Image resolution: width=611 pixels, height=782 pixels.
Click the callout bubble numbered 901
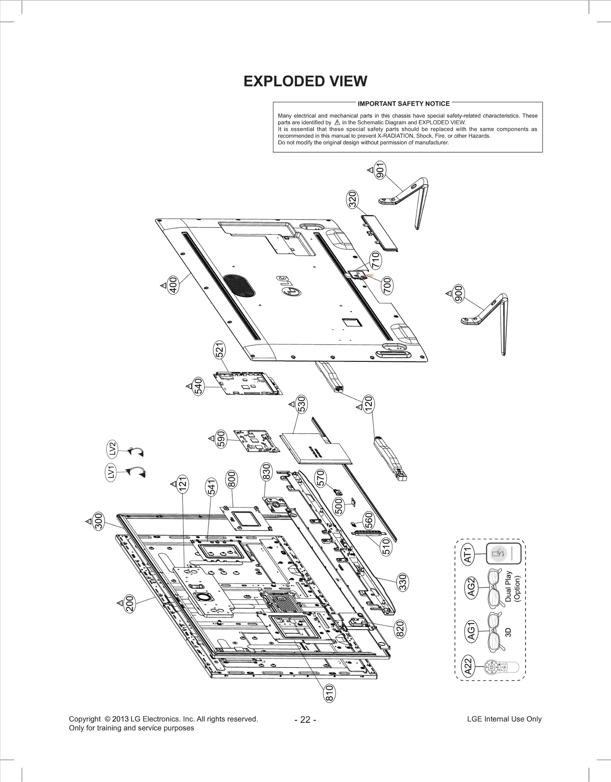[x=380, y=170]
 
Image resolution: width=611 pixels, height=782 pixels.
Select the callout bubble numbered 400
[x=173, y=285]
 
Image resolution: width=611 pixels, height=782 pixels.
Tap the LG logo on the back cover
[x=291, y=286]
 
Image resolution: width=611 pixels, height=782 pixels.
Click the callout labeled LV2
[x=112, y=449]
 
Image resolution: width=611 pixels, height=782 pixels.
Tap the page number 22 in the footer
[x=305, y=719]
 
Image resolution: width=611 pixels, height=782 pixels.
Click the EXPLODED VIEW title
[x=305, y=81]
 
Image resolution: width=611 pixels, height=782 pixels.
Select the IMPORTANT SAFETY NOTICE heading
[x=404, y=104]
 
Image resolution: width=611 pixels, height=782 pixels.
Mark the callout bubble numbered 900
[x=459, y=293]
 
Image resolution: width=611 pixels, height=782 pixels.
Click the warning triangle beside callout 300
[x=88, y=521]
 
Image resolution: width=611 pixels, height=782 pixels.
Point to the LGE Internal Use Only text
[x=504, y=719]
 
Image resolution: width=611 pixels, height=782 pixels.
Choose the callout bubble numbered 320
[x=352, y=199]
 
